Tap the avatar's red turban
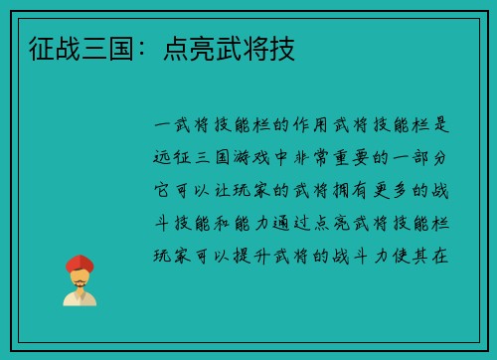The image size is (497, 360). pyautogui.click(x=80, y=264)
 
